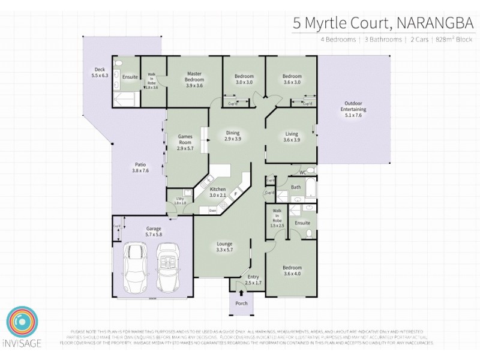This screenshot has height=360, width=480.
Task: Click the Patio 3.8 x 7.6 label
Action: pyautogui.click(x=140, y=167)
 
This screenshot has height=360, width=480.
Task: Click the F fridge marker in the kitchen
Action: pyautogui.click(x=236, y=194)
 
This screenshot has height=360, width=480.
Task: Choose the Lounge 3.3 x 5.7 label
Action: pyautogui.click(x=224, y=247)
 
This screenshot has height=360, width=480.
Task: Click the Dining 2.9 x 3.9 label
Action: pyautogui.click(x=233, y=136)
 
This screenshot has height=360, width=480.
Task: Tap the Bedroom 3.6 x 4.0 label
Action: pyautogui.click(x=292, y=271)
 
